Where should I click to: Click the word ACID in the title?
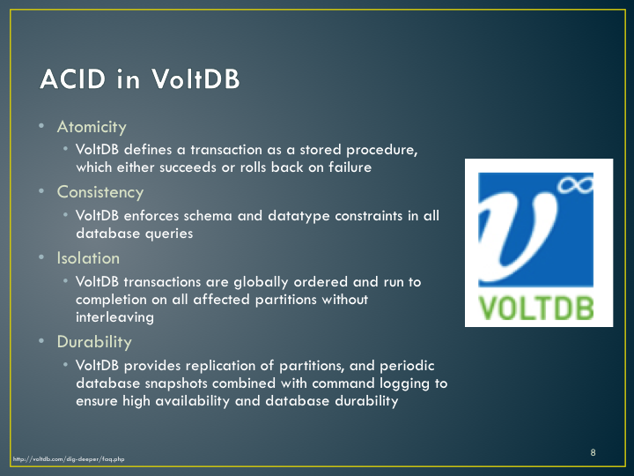coord(73,78)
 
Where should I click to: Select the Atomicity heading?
coord(92,127)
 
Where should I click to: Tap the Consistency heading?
coord(100,192)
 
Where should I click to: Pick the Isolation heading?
coord(88,258)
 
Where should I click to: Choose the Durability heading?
coord(94,342)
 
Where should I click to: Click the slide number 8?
coord(593,452)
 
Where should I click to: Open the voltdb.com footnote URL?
coord(69,459)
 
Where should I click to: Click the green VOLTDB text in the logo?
coord(536,308)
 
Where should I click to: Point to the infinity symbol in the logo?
coord(575,185)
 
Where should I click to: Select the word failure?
coord(350,167)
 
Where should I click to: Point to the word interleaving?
coord(114,317)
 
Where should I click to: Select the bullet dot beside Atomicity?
coord(41,125)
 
